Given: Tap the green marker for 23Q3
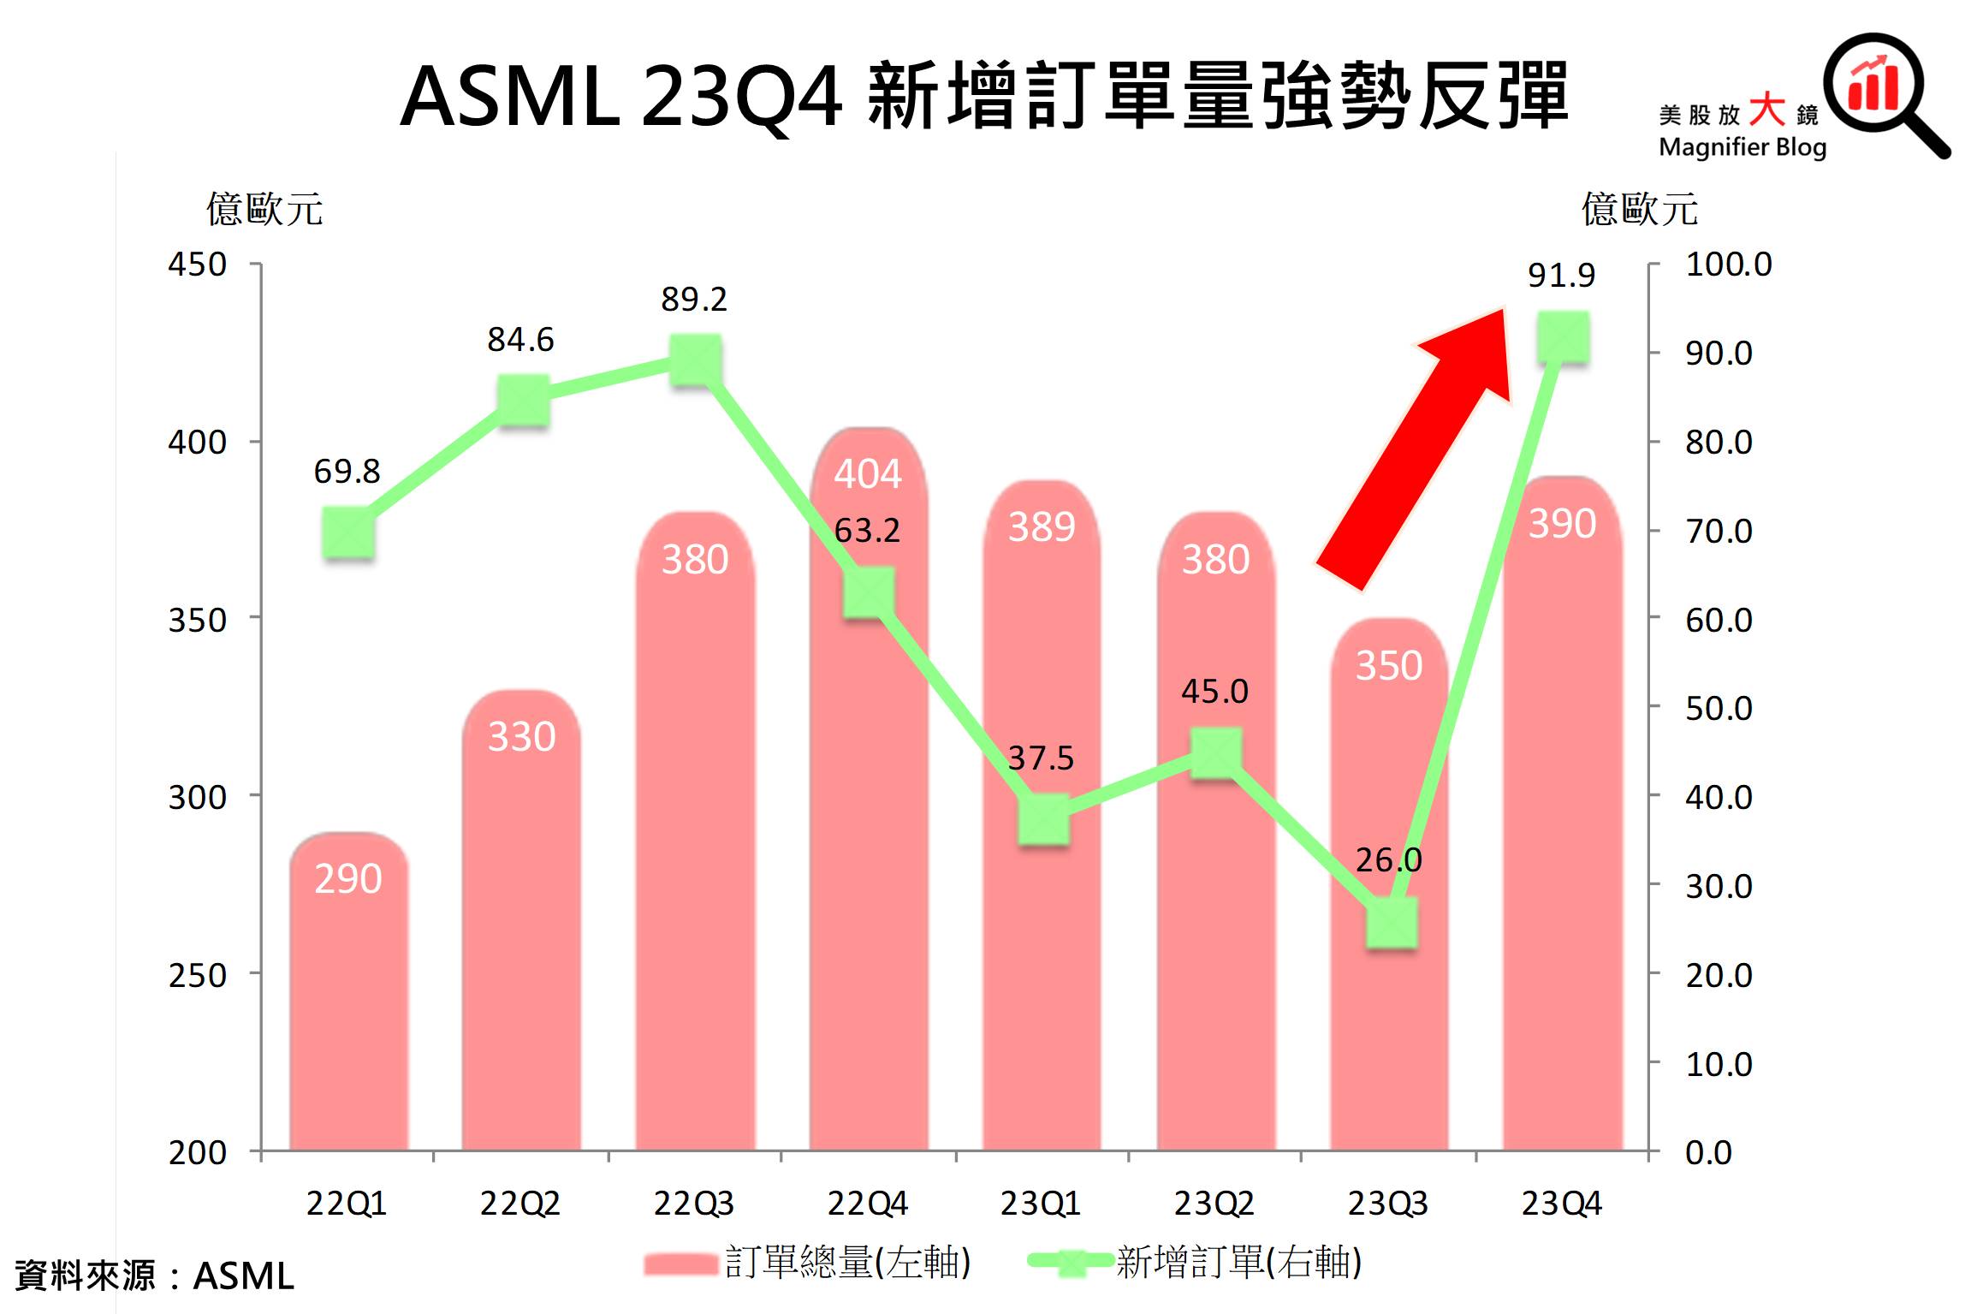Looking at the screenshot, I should pos(1390,924).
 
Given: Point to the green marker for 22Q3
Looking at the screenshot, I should pos(695,360).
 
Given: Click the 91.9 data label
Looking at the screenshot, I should pos(1561,276).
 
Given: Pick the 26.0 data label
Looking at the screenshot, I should pos(1388,859).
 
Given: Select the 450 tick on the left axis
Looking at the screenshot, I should pos(197,265).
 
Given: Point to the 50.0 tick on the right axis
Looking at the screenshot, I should pos(1719,709).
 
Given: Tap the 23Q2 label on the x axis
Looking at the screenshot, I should pos(1214,1204).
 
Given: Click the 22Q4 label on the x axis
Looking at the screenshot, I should pos(867,1204).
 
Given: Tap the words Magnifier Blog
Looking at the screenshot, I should pos(1742,147).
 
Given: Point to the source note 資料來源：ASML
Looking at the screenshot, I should pos(155,1276).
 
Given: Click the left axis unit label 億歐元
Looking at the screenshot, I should pos(264,210).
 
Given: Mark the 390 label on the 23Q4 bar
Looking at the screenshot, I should pos(1562,524).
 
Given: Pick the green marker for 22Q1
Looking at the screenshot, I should pos(348,533).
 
